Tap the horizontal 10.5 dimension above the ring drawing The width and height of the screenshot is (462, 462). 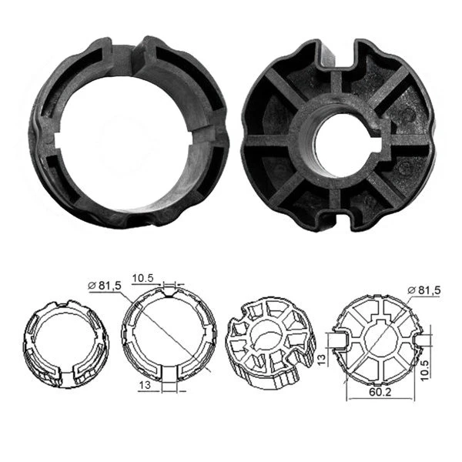[144, 276]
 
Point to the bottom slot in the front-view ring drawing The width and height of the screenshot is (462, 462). [169, 373]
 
